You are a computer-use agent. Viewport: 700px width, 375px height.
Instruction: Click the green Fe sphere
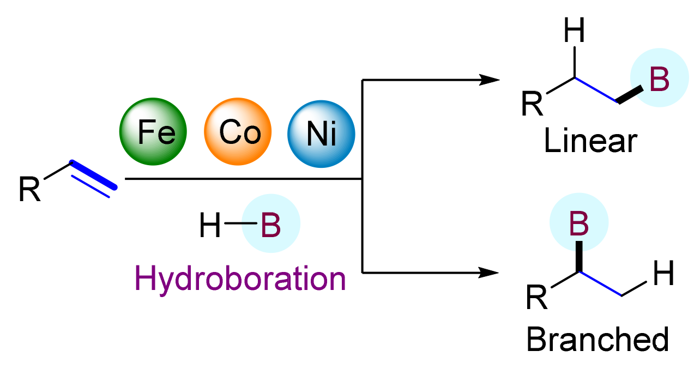coord(153,132)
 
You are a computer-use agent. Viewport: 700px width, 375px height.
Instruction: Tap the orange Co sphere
coord(238,132)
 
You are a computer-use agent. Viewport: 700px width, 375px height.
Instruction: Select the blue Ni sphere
coord(322,132)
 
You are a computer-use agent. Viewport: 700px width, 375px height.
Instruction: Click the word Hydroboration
coord(240,280)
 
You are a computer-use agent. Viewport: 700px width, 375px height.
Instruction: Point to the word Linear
coord(591,141)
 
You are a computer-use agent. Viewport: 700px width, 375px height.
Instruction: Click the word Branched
coord(598,341)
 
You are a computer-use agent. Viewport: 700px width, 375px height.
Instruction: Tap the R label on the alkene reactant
coord(30,189)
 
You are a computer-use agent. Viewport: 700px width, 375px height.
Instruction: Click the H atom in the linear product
coord(574,32)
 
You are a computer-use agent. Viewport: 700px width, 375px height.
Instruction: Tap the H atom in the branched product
coord(663,276)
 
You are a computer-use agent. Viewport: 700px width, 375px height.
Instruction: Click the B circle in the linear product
coord(659,77)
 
